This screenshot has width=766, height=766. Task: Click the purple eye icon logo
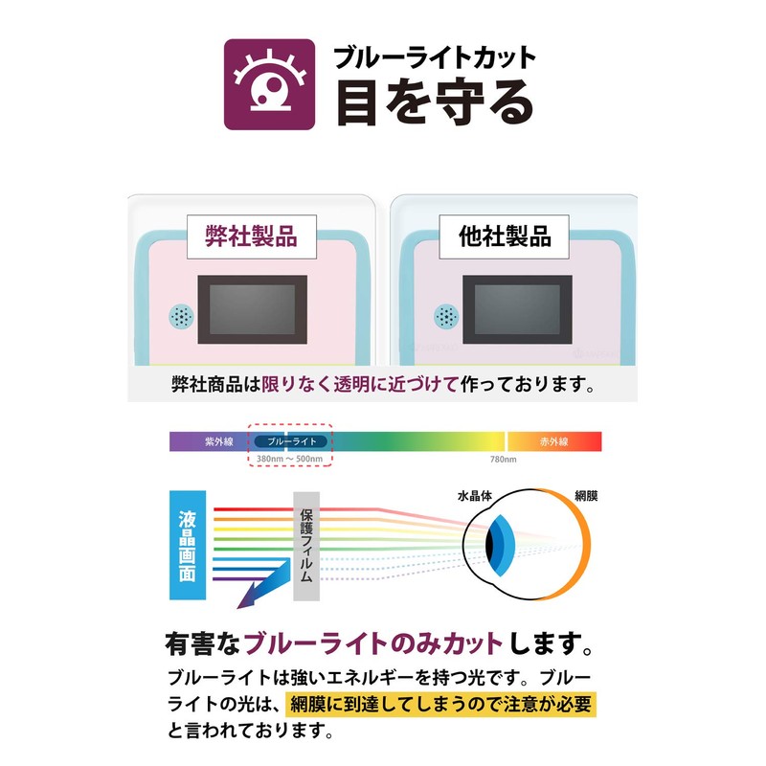pos(269,84)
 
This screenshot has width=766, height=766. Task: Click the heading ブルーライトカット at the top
pos(435,57)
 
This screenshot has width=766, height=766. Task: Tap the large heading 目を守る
pos(435,103)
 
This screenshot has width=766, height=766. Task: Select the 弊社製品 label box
pos(252,237)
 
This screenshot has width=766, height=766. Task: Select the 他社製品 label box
pos(505,237)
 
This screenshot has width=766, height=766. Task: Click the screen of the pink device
pos(253,309)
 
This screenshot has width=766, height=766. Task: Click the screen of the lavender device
pos(517,309)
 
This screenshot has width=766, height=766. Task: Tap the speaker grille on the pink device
pos(181,317)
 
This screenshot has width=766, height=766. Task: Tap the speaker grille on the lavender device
pos(446,316)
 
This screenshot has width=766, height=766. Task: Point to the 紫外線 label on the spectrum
pos(219,441)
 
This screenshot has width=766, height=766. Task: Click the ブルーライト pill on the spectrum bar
pos(292,441)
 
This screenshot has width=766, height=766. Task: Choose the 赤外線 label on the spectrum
pos(553,441)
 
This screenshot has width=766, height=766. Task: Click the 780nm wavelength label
pos(504,460)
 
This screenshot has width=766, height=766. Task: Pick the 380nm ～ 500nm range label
pos(290,460)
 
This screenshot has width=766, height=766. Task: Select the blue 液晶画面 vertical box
pos(188,545)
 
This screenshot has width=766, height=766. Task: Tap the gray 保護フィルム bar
pos(306,546)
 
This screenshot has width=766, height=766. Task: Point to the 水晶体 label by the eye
pos(474,496)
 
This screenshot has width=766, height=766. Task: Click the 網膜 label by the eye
pos(586,496)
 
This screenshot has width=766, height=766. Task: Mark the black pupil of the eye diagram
pos(489,545)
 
